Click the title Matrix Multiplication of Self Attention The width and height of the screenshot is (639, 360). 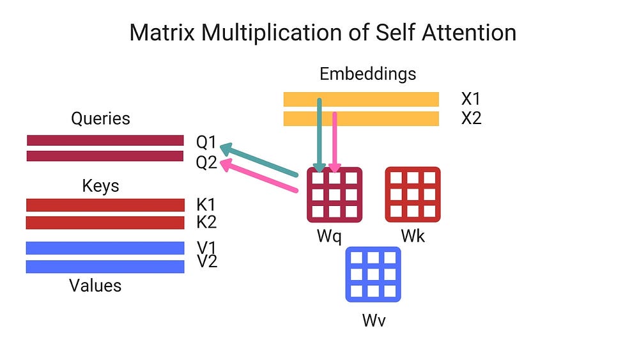click(323, 32)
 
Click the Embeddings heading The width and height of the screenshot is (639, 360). click(367, 74)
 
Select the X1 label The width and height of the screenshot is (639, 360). click(471, 99)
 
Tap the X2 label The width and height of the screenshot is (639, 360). click(471, 118)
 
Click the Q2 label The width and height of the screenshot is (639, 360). click(206, 162)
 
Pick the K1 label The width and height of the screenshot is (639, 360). click(206, 205)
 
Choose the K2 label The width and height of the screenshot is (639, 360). click(206, 223)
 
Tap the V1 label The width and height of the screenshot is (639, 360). click(206, 247)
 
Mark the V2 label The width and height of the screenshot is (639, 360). click(206, 262)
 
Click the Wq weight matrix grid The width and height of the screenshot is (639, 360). click(335, 194)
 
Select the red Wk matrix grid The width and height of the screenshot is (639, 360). click(413, 194)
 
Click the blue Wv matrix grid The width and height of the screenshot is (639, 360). click(373, 274)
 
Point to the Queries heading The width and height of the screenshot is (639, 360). click(100, 118)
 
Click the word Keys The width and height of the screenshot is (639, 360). click(101, 186)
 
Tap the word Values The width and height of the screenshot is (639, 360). click(95, 285)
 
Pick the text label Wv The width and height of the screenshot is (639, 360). click(374, 320)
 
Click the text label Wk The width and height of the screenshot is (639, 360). click(413, 237)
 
